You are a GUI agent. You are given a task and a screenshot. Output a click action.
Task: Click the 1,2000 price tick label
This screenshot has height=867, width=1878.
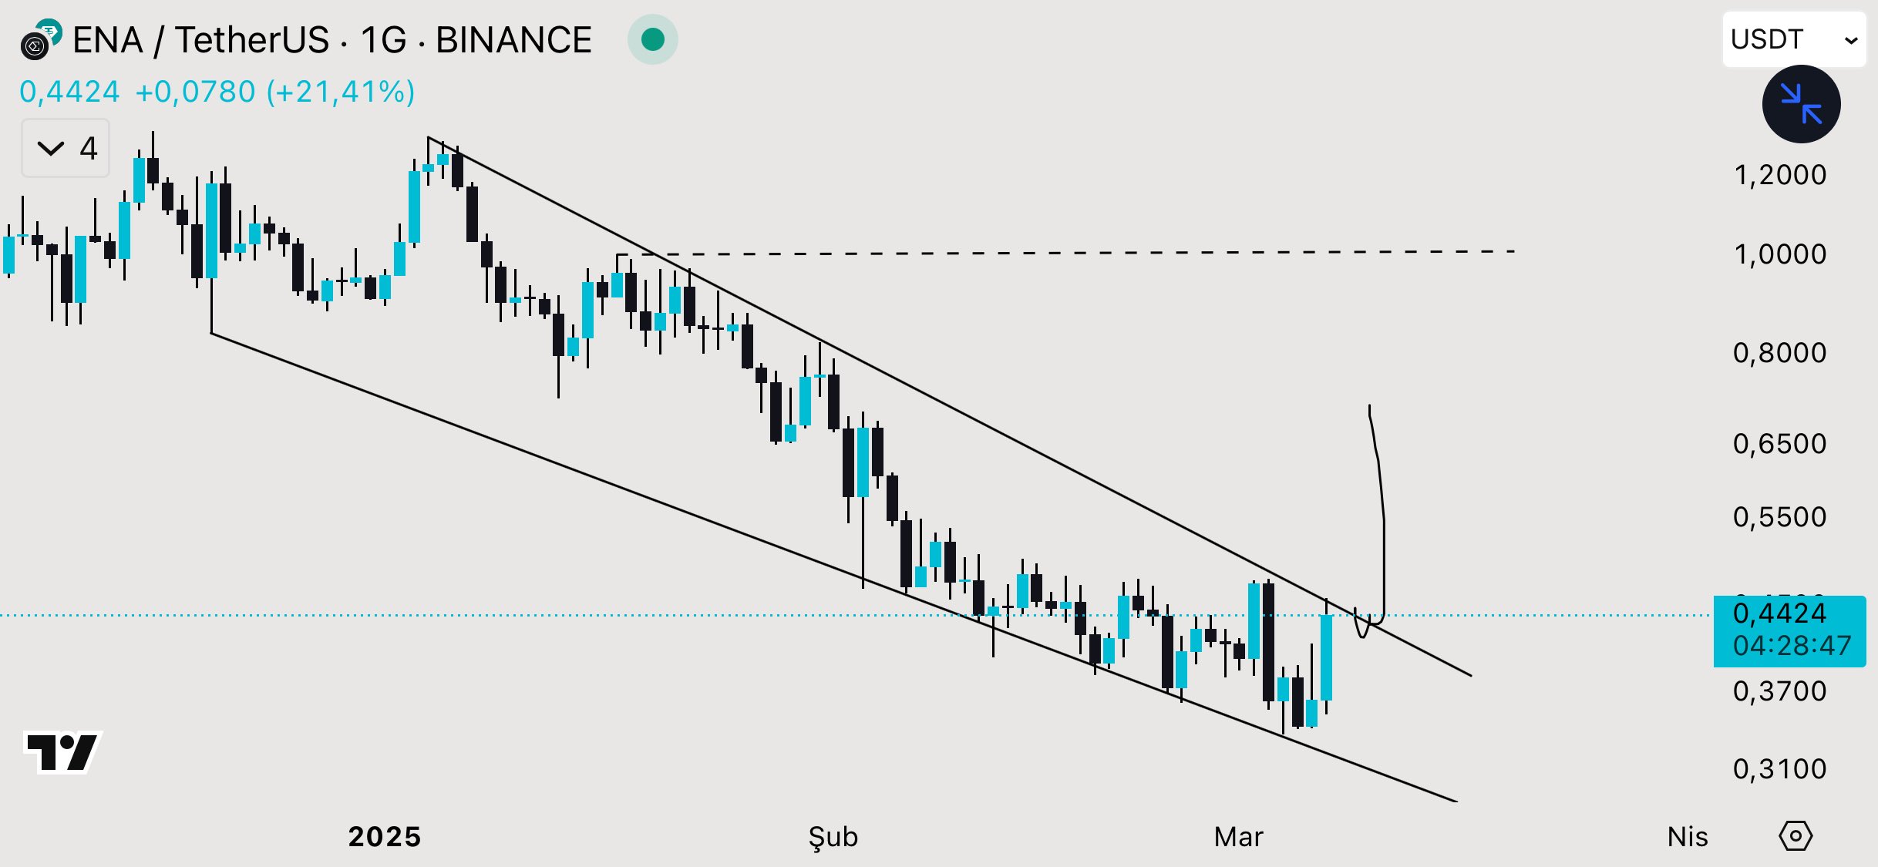pyautogui.click(x=1779, y=175)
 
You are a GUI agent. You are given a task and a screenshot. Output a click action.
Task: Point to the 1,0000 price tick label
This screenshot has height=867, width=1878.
pyautogui.click(x=1779, y=254)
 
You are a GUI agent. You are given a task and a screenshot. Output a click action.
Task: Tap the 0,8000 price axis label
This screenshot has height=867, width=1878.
pyautogui.click(x=1779, y=353)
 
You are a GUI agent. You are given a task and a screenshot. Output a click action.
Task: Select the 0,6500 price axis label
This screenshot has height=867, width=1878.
pyautogui.click(x=1779, y=444)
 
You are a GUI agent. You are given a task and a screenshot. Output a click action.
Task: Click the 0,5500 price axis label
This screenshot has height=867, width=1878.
pyautogui.click(x=1779, y=517)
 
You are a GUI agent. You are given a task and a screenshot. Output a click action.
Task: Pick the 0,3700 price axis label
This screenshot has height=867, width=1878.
pyautogui.click(x=1779, y=691)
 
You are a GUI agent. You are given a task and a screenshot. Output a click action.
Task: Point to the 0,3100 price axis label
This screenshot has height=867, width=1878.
pyautogui.click(x=1779, y=769)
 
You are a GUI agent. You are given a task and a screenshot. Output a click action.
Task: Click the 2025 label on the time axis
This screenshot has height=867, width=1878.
pyautogui.click(x=384, y=837)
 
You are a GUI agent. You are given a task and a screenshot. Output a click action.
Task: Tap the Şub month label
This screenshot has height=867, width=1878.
pyautogui.click(x=833, y=837)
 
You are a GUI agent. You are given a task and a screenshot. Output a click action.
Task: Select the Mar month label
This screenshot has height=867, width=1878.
pyautogui.click(x=1238, y=837)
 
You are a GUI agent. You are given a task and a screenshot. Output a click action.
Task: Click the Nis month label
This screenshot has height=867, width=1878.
pyautogui.click(x=1687, y=837)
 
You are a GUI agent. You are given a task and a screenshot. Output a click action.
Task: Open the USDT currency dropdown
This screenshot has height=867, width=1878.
pyautogui.click(x=1793, y=39)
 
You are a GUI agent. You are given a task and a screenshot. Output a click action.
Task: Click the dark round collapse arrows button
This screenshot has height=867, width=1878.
pyautogui.click(x=1801, y=104)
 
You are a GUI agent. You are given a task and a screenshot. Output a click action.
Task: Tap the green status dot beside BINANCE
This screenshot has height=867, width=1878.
pyautogui.click(x=653, y=39)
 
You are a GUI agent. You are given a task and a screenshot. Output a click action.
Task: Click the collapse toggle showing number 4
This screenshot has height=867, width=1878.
pyautogui.click(x=66, y=148)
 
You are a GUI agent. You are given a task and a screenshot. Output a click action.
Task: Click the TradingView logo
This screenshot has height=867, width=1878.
pyautogui.click(x=62, y=751)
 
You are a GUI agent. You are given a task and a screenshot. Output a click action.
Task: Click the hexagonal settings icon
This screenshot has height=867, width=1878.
pyautogui.click(x=1796, y=836)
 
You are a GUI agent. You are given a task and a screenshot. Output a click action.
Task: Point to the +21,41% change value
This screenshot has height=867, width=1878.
pyautogui.click(x=340, y=92)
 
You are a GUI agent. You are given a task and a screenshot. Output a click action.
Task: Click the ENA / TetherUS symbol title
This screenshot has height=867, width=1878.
pyautogui.click(x=200, y=40)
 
